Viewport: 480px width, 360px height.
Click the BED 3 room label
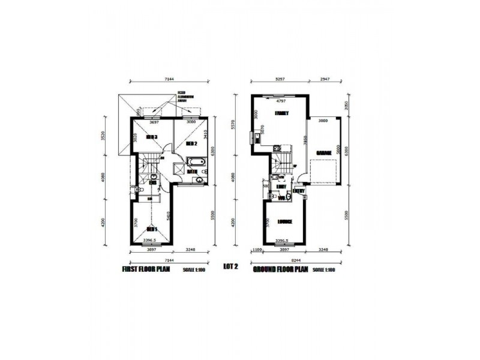pyautogui.click(x=152, y=137)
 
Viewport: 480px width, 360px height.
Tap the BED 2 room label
pyautogui.click(x=191, y=144)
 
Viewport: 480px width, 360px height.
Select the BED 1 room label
pyautogui.click(x=152, y=229)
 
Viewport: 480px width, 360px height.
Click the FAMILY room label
pyautogui.click(x=281, y=113)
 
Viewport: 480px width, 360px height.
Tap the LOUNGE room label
pyautogui.click(x=285, y=221)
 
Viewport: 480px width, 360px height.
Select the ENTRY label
pyautogui.click(x=299, y=191)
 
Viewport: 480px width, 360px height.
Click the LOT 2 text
pyautogui.click(x=230, y=266)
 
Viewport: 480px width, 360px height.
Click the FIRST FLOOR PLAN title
pyautogui.click(x=146, y=269)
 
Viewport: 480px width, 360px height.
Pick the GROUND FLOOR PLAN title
pyautogui.click(x=280, y=269)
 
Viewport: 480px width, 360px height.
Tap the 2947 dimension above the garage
pyautogui.click(x=326, y=79)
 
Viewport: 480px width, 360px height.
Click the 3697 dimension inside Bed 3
pyautogui.click(x=154, y=122)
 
